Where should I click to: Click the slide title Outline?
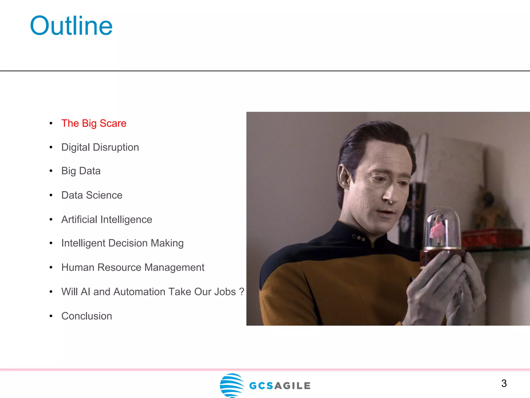71,26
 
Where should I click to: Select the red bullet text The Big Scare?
94,123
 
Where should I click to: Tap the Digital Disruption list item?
100,147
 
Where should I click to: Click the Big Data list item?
81,171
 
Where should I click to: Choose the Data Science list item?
92,195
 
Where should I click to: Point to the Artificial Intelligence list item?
107,219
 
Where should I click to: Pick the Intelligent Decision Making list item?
122,243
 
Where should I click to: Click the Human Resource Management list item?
133,267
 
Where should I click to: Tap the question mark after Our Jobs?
242,292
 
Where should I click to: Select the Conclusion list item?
87,316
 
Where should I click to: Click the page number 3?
504,383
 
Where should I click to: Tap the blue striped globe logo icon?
232,385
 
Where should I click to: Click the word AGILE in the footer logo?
292,386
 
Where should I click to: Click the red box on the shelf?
492,237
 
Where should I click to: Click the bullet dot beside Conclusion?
51,316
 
